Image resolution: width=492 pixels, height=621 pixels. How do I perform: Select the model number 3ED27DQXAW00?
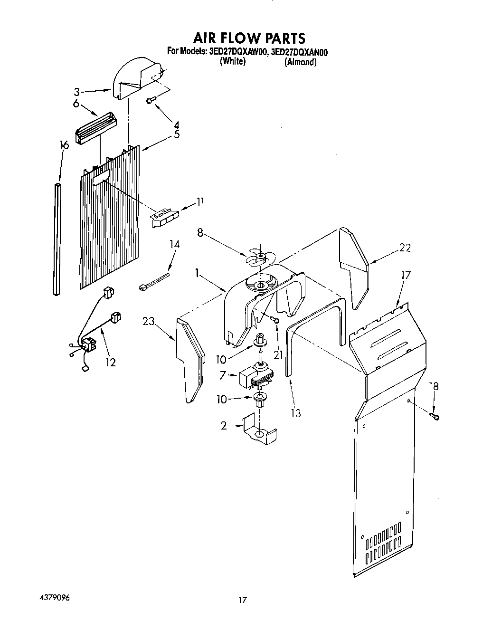[237, 52]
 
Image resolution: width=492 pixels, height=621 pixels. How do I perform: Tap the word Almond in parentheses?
[300, 62]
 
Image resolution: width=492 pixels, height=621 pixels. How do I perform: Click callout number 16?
[64, 145]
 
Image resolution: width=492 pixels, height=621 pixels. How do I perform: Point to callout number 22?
[405, 248]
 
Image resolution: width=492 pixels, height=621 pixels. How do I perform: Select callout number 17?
[406, 275]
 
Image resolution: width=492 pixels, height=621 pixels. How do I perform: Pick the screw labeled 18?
[435, 416]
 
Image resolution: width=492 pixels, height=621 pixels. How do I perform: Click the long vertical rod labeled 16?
[58, 238]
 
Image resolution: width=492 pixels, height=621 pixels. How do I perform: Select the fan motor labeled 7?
[256, 375]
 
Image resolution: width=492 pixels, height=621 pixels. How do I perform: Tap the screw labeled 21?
[274, 320]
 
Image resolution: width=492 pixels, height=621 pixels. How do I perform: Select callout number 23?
[149, 321]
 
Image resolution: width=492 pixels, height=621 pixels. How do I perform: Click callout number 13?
[295, 413]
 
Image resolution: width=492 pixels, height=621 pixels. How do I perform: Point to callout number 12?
[110, 362]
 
